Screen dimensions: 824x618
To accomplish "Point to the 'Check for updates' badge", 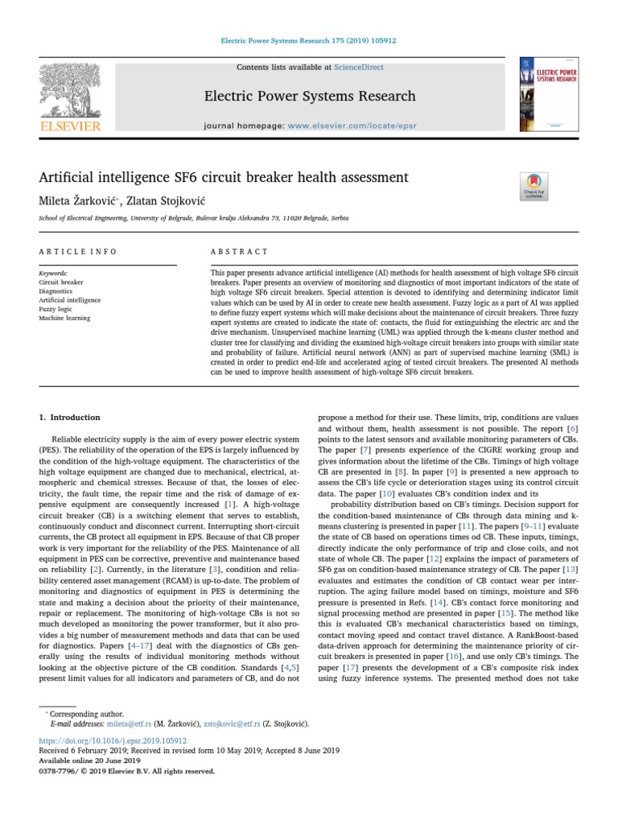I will pyautogui.click(x=534, y=185).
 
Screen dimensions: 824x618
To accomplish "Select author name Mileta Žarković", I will pyautogui.click(x=76, y=199).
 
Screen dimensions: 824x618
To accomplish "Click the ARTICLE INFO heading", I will pyautogui.click(x=78, y=252).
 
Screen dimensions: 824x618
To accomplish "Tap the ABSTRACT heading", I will pyautogui.click(x=239, y=252).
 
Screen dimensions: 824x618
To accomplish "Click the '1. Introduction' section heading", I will pyautogui.click(x=70, y=418).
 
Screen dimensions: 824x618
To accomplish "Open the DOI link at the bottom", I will pyautogui.click(x=113, y=740).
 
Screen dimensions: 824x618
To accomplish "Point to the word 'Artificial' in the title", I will pyautogui.click(x=68, y=177).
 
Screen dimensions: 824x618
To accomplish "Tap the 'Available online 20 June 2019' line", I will pyautogui.click(x=90, y=760).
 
